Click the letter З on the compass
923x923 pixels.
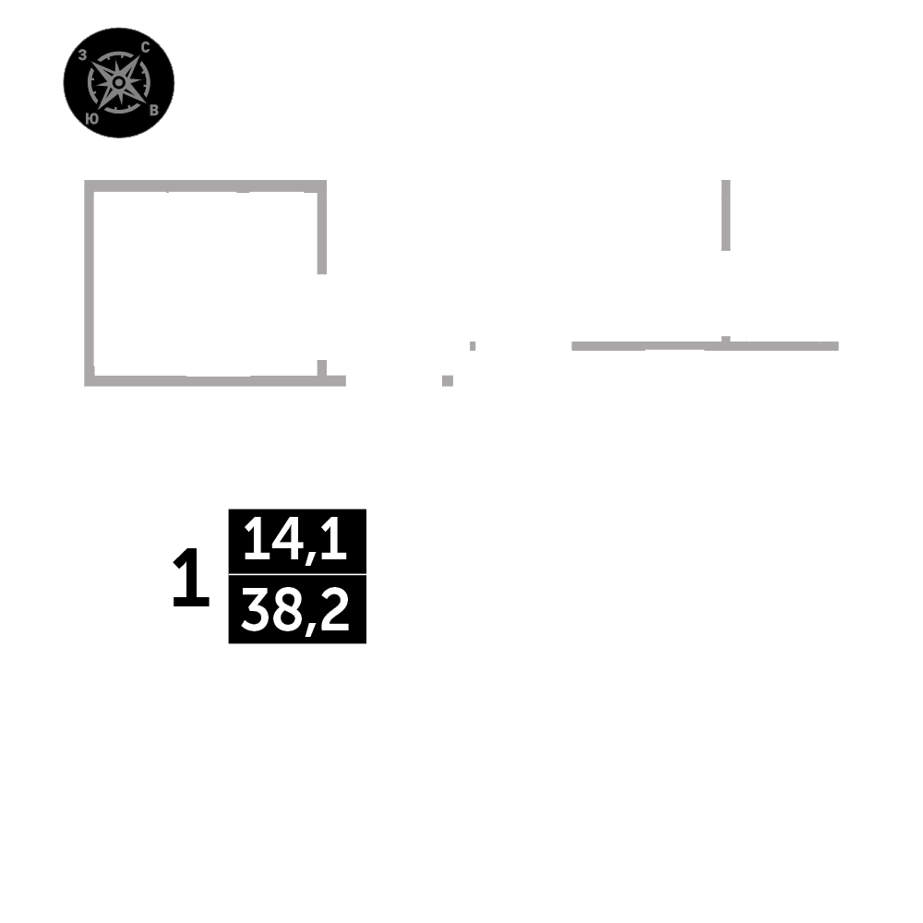pos(83,55)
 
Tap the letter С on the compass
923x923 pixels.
pos(145,47)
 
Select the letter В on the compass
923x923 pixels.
pos(154,110)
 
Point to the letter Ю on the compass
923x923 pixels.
pos(91,118)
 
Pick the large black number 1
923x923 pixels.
pos(191,579)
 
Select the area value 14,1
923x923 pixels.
pos(296,541)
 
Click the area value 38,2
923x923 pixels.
pos(296,610)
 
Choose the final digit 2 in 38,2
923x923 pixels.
pos(337,610)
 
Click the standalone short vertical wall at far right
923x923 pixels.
pos(726,215)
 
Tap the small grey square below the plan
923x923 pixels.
pos(448,379)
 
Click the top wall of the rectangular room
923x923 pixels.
pos(205,186)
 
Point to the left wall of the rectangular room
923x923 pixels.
pos(90,282)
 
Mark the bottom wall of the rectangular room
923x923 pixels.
pos(205,380)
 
